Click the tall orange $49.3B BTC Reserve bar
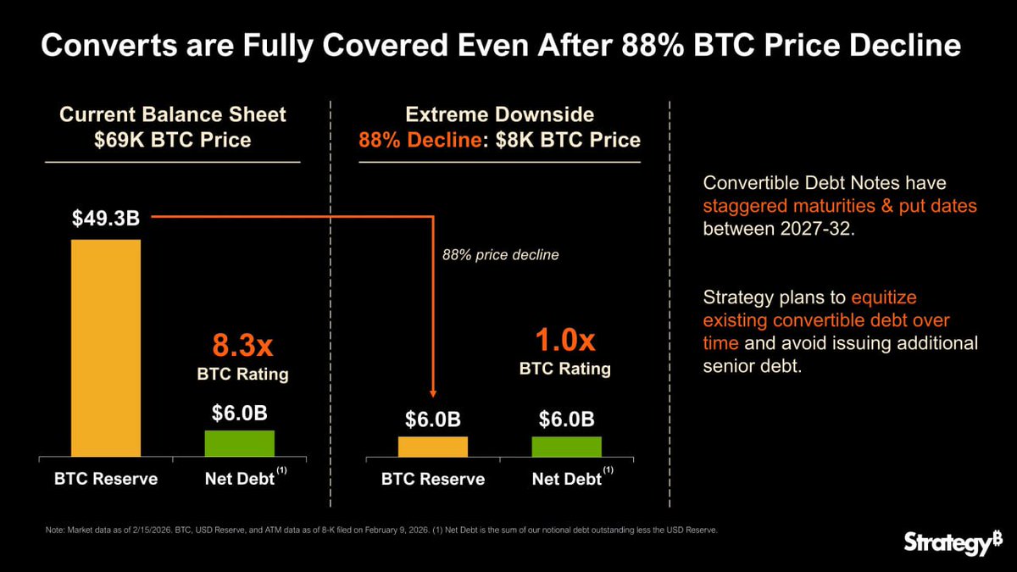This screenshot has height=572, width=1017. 106,347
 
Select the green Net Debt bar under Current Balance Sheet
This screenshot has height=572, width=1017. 240,444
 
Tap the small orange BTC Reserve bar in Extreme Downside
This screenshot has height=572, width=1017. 432,447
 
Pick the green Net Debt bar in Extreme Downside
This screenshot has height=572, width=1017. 566,447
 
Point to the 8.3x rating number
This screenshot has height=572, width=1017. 240,347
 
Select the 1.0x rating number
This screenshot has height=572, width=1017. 565,341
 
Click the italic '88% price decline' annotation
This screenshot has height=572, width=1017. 501,254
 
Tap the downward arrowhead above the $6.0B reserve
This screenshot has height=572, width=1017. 433,392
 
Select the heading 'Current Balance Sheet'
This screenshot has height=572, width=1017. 173,114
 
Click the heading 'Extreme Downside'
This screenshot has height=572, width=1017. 499,114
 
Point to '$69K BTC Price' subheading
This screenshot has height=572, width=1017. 173,140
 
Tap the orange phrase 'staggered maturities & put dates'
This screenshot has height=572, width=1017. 840,206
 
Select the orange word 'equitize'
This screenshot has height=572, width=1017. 884,298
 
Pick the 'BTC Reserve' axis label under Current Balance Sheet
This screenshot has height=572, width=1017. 107,479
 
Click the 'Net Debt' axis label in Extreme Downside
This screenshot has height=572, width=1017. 566,479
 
